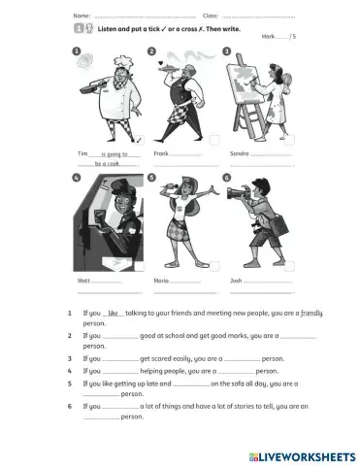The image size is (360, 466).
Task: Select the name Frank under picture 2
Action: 161,153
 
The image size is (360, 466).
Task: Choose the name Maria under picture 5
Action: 161,280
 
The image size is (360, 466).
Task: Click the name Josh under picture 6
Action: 236,280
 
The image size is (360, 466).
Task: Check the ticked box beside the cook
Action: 138,139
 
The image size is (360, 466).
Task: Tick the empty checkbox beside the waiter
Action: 213,139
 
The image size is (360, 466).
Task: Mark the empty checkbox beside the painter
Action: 289,139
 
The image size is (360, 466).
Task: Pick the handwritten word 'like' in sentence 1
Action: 114,314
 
